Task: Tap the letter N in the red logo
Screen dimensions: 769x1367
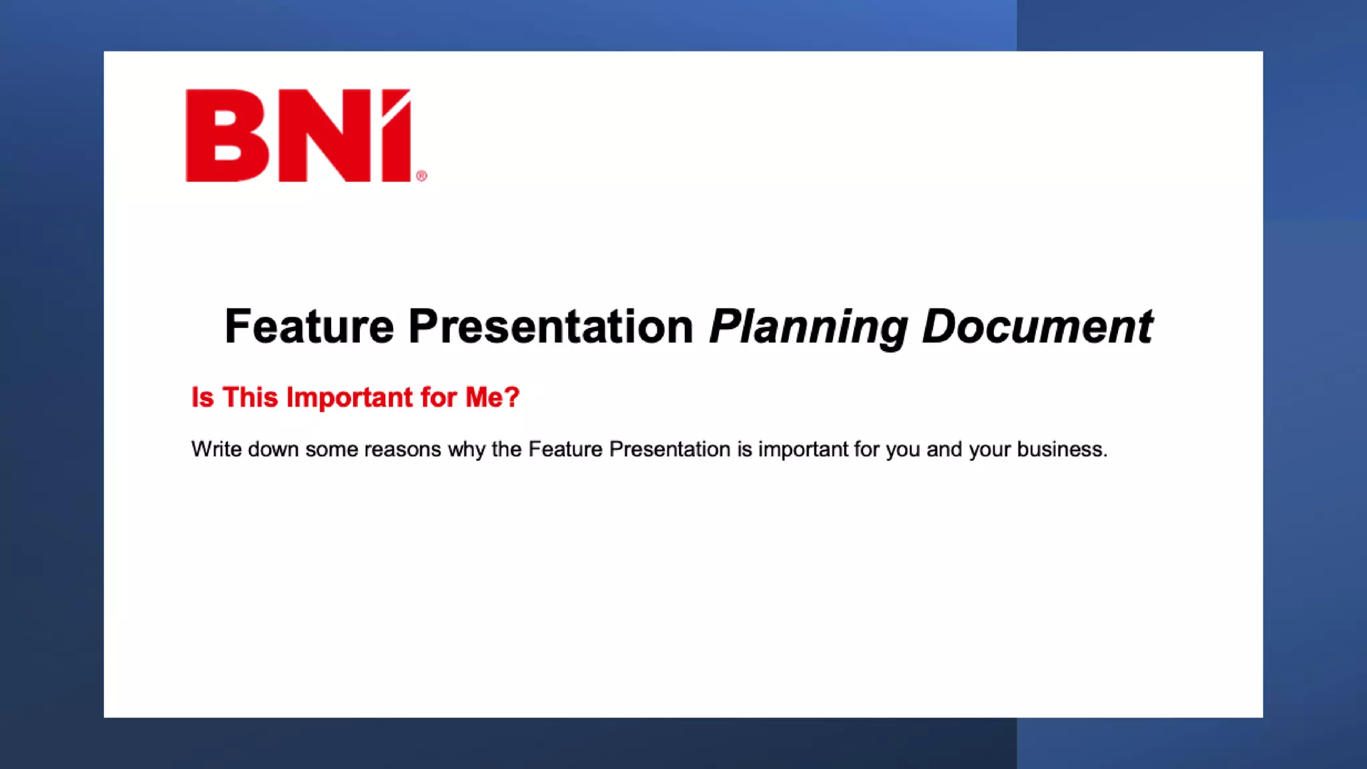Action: point(324,136)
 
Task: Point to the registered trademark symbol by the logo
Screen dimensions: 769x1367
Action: point(421,176)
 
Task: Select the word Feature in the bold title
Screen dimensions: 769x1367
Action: point(309,326)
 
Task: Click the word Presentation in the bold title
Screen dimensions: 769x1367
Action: point(551,326)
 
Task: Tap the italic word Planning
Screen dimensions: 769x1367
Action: point(808,328)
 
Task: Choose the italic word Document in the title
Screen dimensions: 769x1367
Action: point(1037,326)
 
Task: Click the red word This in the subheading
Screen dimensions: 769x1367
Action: point(250,397)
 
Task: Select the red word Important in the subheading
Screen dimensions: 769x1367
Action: point(349,398)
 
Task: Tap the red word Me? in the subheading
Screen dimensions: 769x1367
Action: point(492,397)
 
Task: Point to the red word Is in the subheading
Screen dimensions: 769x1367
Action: point(202,397)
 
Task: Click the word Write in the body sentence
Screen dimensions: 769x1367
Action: point(216,449)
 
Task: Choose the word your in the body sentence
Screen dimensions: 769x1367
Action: point(990,450)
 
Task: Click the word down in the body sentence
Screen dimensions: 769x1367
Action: point(273,449)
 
